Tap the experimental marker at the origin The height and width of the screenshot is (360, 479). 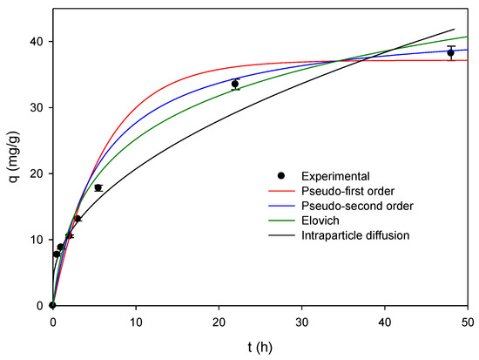coord(53,305)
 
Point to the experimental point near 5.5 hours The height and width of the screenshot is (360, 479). coord(98,188)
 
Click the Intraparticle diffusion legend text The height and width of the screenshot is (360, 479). coord(357,235)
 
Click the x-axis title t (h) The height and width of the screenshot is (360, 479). coord(260,346)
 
